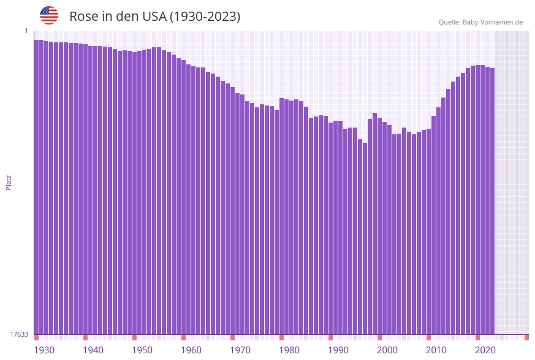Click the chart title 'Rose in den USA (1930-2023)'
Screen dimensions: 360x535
[x=154, y=17]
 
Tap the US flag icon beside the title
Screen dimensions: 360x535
[x=49, y=15]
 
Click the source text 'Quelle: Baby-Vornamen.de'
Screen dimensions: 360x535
[x=480, y=22]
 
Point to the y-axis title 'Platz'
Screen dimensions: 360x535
[x=9, y=182]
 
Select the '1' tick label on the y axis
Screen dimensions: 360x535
[x=26, y=31]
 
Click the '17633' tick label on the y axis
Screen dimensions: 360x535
[x=19, y=334]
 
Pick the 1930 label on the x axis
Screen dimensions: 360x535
[x=44, y=350]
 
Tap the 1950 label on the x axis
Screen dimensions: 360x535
[x=142, y=350]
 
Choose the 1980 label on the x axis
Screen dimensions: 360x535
[x=289, y=350]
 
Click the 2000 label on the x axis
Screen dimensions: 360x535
[x=387, y=350]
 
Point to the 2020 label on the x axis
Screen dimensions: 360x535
[x=485, y=350]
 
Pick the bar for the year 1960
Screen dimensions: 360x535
[x=183, y=196]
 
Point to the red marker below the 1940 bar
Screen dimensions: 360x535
[x=85, y=338]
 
